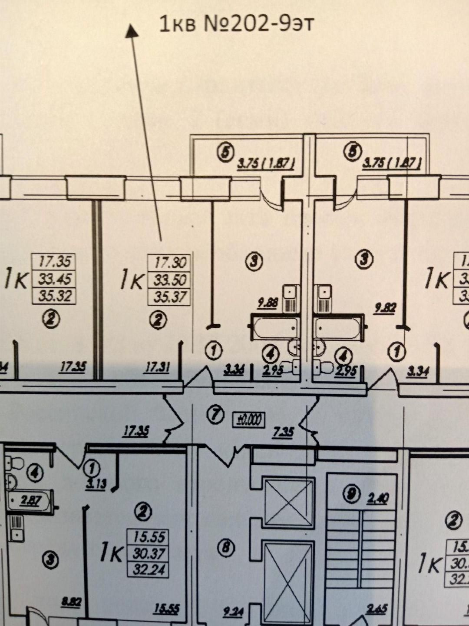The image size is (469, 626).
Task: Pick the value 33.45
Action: click(x=54, y=279)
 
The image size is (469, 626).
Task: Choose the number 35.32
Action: click(x=54, y=296)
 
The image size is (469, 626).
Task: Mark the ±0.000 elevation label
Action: click(x=249, y=419)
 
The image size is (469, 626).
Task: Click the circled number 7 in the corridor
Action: click(x=216, y=416)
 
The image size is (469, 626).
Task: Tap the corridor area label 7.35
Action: click(x=283, y=432)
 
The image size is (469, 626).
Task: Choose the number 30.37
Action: click(x=148, y=553)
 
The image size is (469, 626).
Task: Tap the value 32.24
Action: click(x=148, y=569)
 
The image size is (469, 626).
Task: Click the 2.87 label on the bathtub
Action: click(x=31, y=501)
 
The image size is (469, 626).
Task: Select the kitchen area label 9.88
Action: click(x=268, y=304)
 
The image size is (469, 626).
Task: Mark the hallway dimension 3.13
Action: click(x=96, y=484)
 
